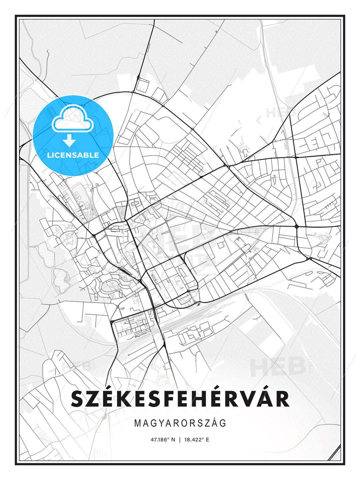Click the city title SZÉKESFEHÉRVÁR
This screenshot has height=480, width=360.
click(x=180, y=399)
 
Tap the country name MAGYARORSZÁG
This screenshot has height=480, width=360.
click(x=180, y=423)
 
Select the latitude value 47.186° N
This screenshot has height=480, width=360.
click(x=163, y=440)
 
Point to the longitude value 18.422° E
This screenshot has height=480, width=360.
click(x=197, y=440)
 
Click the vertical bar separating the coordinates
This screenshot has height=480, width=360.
click(x=180, y=440)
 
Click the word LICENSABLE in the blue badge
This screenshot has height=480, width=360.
click(x=73, y=155)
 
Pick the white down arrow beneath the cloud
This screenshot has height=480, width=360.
click(x=69, y=140)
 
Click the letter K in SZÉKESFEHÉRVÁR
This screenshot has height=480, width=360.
click(x=125, y=399)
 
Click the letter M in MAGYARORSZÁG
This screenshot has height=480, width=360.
click(x=138, y=423)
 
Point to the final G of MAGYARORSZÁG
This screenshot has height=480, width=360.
click(x=223, y=423)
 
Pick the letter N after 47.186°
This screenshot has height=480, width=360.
click(x=173, y=440)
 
